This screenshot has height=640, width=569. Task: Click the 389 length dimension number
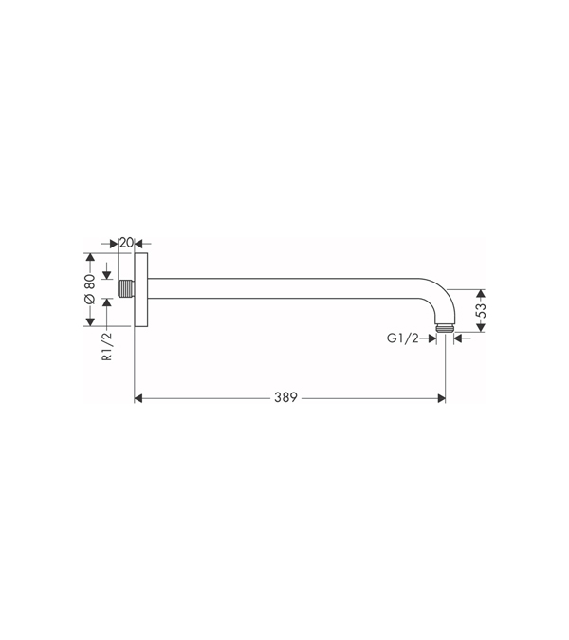287,398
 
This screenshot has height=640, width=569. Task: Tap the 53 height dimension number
481,310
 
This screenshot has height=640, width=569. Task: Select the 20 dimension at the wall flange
125,243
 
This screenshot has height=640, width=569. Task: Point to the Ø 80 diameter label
89,289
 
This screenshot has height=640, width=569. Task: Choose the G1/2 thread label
402,338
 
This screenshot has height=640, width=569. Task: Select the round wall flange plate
140,289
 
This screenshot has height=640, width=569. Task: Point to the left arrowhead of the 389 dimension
138,398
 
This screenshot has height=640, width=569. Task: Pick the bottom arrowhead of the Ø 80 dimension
89,320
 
